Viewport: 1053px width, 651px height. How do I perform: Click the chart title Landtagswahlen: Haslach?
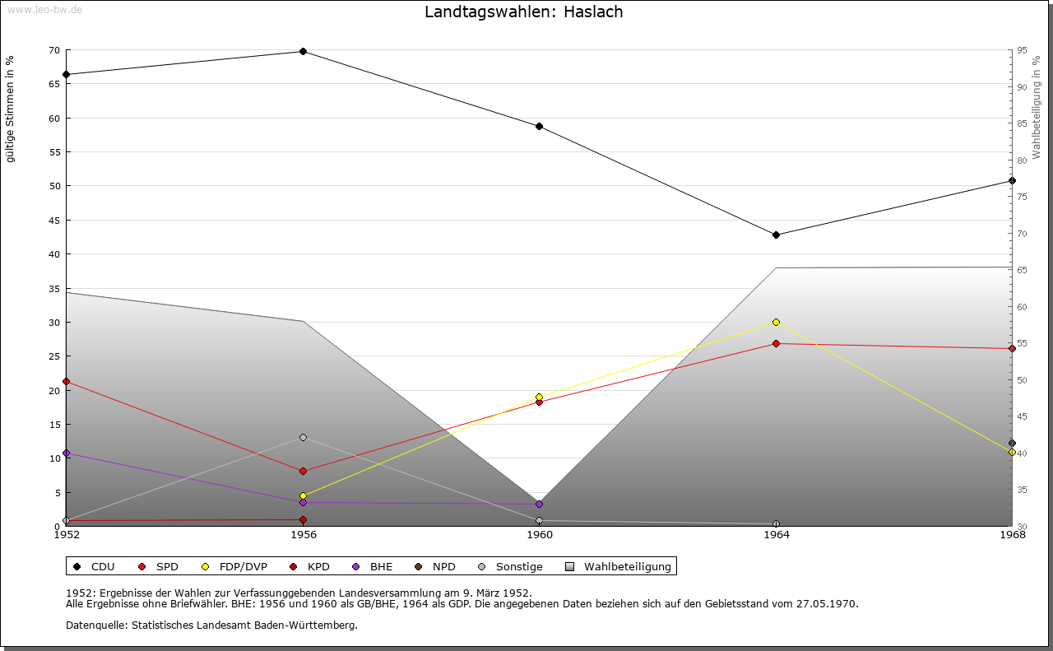click(x=523, y=12)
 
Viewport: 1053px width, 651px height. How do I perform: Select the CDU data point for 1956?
click(x=303, y=51)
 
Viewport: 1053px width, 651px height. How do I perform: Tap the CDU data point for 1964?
click(x=776, y=235)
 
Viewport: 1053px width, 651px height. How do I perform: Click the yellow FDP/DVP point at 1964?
click(x=776, y=322)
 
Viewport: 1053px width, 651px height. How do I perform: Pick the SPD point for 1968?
click(x=1012, y=348)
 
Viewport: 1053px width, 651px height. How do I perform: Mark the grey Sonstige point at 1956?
click(x=303, y=437)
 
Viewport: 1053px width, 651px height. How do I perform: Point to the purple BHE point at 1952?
click(x=66, y=453)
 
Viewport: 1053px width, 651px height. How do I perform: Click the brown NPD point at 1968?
click(x=1012, y=443)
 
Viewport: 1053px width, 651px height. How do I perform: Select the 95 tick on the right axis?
click(x=1021, y=50)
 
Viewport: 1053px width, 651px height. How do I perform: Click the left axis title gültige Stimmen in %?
click(x=10, y=109)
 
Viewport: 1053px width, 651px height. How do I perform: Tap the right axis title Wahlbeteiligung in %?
click(x=1037, y=108)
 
